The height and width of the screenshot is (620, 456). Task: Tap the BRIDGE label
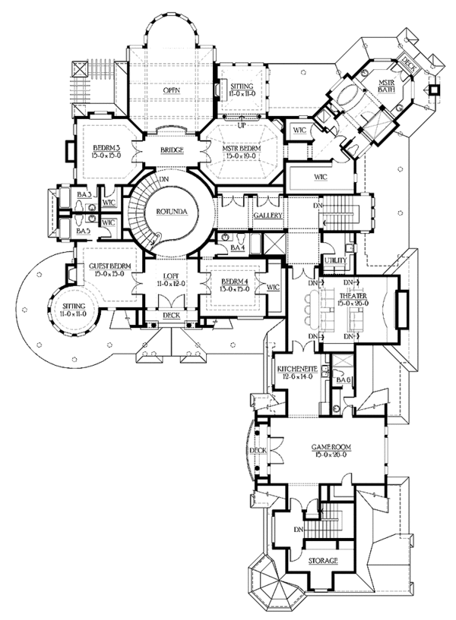point(172,151)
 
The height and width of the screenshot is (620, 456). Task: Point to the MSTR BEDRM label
point(242,149)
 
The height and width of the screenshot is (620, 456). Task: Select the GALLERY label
point(268,216)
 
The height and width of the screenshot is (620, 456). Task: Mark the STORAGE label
point(323,561)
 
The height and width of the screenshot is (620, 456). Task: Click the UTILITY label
point(335,261)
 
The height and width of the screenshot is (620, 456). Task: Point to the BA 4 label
point(237,248)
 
